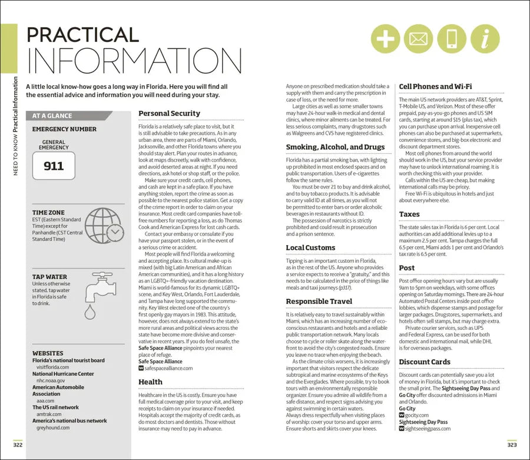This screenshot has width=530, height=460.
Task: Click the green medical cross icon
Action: (386, 39)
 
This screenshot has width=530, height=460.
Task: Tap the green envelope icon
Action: (418, 39)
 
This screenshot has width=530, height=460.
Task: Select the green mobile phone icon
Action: (450, 39)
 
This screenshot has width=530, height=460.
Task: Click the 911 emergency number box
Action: (54, 167)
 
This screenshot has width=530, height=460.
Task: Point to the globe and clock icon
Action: (104, 226)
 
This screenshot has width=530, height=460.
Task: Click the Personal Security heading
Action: (169, 114)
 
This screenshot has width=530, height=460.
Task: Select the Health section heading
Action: (150, 382)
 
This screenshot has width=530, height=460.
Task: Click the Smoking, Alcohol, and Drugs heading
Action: (335, 147)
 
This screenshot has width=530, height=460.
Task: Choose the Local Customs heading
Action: (310, 248)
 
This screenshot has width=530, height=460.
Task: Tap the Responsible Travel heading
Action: (319, 302)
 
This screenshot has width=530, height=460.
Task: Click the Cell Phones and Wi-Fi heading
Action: (435, 87)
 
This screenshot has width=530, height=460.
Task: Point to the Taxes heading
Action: (409, 214)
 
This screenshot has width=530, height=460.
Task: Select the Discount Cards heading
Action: (424, 362)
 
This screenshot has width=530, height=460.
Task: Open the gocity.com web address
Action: (416, 415)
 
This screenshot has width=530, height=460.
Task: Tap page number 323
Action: (511, 444)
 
